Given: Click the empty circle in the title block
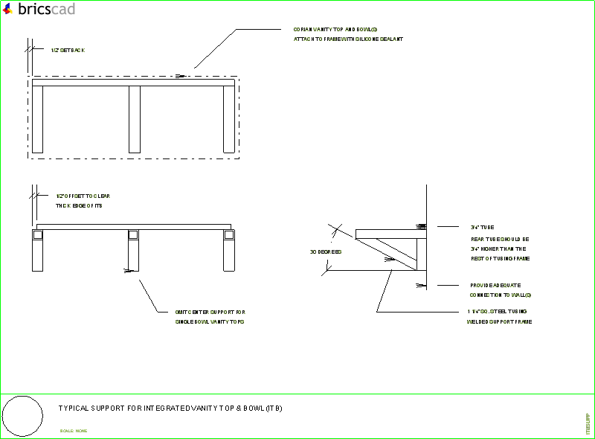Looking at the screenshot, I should click(22, 416).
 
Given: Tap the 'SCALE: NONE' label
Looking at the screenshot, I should click(74, 431).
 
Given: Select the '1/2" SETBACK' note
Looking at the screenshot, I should click(68, 51).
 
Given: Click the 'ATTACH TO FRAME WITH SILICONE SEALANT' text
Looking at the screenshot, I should click(348, 39).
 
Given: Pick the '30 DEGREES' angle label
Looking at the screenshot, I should click(326, 252).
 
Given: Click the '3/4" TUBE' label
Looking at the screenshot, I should click(482, 227).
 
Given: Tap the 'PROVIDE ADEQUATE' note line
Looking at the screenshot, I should click(495, 286).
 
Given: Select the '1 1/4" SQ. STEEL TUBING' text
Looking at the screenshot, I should click(497, 311).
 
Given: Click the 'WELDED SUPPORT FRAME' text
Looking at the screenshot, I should click(498, 321).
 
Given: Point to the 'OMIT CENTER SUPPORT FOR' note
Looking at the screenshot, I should click(209, 312).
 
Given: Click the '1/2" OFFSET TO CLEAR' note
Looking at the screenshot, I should click(83, 196).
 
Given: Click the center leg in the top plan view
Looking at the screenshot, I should click(135, 119).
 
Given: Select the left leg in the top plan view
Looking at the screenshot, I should click(37, 119).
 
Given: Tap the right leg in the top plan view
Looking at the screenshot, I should click(229, 119).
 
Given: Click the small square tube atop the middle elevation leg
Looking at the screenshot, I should click(134, 235).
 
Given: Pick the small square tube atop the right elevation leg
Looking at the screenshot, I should click(229, 235).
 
